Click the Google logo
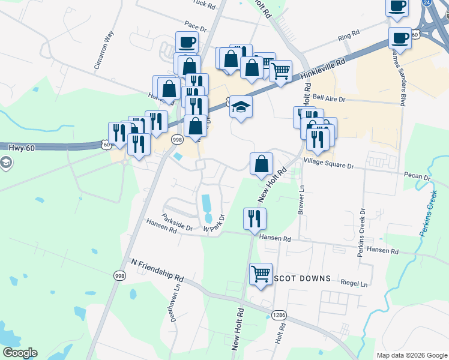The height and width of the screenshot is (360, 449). (20, 353)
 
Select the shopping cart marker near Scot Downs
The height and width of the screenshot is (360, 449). (261, 275)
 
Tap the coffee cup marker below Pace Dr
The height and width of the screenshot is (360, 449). (187, 43)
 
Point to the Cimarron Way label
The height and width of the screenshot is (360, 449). (104, 51)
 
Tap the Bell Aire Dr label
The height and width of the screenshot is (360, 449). (329, 98)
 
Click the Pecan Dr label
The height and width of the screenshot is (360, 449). (418, 178)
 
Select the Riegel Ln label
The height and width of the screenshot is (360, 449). (354, 283)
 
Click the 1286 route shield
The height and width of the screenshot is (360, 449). (279, 314)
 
